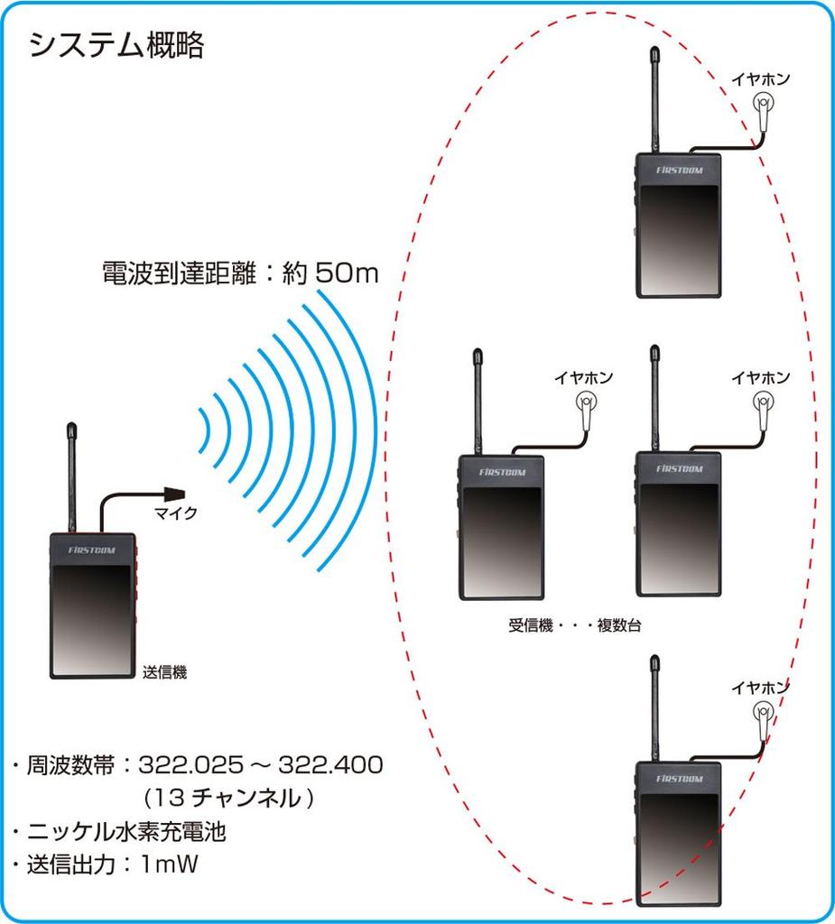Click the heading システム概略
coord(117,45)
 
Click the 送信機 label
coord(164,672)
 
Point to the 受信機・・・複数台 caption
coord(575,625)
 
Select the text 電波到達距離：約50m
coord(240,273)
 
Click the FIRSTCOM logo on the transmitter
coord(91,549)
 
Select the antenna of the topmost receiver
coord(654,99)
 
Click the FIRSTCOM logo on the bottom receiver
coord(678,777)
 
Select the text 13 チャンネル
coord(229,799)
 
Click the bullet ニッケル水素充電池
coord(126,831)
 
